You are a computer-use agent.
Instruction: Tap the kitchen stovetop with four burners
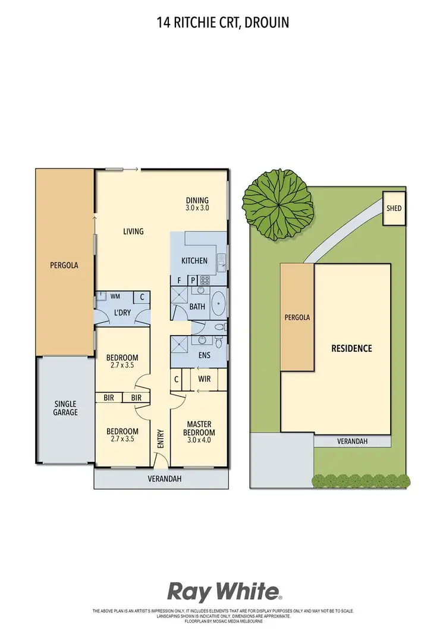[x=205, y=279]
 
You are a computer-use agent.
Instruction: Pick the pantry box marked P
[x=193, y=280]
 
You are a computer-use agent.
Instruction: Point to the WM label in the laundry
[x=115, y=296]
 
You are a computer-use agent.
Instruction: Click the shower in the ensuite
[x=179, y=344]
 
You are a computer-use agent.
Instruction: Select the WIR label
[x=203, y=379]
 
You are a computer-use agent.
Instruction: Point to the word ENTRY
[x=160, y=438]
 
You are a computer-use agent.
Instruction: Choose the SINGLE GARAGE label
[x=65, y=407]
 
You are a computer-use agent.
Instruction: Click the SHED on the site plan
[x=394, y=208]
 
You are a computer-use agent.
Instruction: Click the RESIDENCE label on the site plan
[x=351, y=348]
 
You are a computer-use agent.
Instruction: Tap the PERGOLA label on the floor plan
[x=64, y=265]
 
